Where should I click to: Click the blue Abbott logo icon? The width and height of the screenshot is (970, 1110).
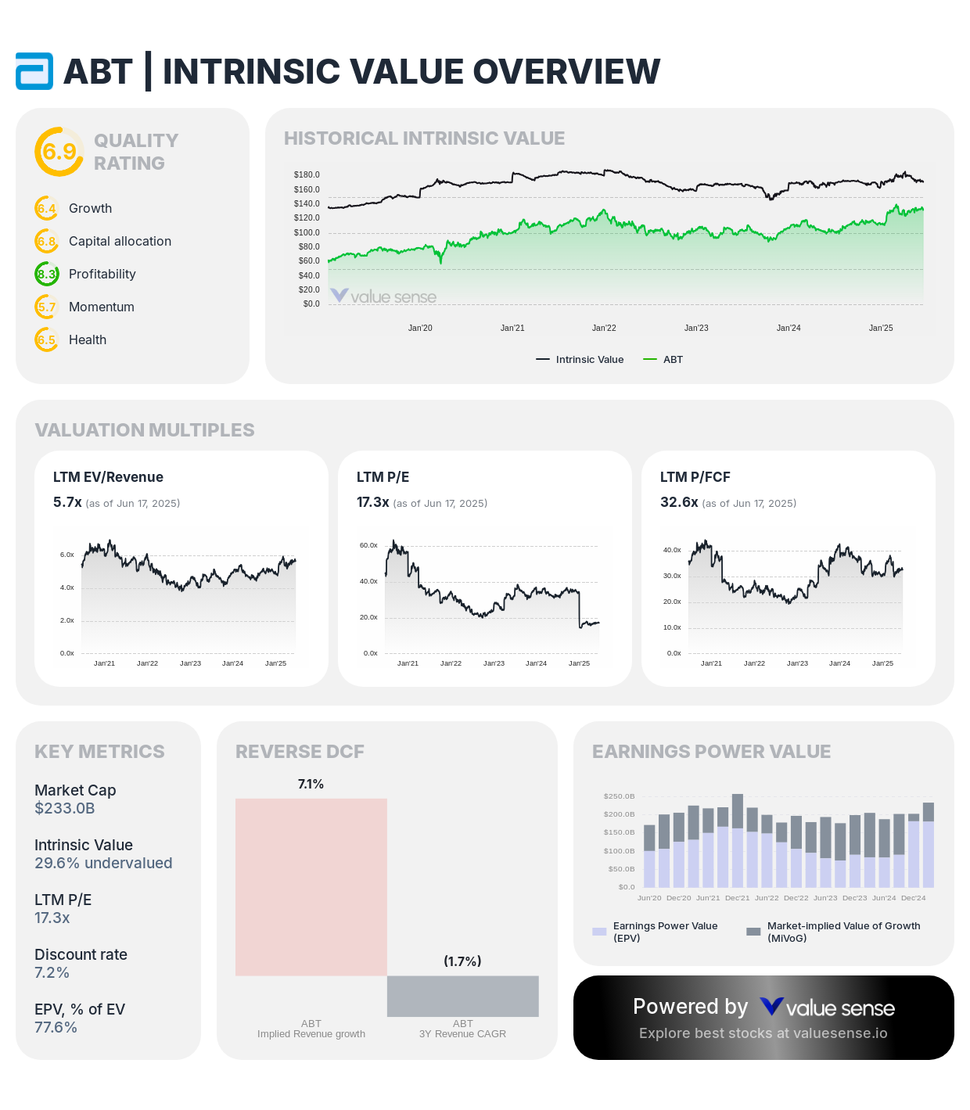[x=34, y=71]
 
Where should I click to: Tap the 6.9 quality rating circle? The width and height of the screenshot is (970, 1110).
[x=59, y=152]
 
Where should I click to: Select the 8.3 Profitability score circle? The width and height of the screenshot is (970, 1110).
[x=47, y=274]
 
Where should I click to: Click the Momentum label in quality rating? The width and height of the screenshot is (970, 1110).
[x=102, y=307]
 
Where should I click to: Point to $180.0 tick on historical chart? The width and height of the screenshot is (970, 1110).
[x=307, y=174]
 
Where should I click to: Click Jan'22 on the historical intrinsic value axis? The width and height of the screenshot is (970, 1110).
[x=604, y=328]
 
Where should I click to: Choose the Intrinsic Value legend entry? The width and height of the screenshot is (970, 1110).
[x=580, y=360]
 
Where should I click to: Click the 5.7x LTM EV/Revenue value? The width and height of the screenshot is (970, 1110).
[x=67, y=502]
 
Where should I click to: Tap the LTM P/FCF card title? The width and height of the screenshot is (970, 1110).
[x=695, y=477]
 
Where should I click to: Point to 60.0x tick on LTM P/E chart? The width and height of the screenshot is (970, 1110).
[x=368, y=545]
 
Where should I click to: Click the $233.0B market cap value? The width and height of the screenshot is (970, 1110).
[x=65, y=808]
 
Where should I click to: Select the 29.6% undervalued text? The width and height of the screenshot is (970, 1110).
[x=103, y=863]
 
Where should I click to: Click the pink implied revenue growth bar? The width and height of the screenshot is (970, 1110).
[x=311, y=886]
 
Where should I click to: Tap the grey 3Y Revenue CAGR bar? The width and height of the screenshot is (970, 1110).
[x=462, y=996]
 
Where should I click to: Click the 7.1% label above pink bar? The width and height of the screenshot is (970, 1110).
[x=311, y=784]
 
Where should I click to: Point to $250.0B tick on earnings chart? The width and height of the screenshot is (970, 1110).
[x=619, y=796]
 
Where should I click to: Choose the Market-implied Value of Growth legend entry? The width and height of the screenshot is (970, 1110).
[x=834, y=931]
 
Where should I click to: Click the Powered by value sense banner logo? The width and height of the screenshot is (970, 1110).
[x=827, y=1008]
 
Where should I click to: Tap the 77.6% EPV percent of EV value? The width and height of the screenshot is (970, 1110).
[x=56, y=1027]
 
